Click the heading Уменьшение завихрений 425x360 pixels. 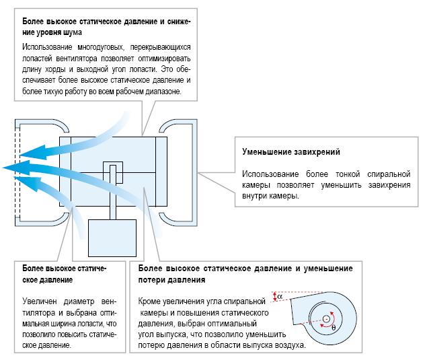[291, 151]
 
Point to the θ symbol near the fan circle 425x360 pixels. [334, 327]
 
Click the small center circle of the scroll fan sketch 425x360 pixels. [326, 318]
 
